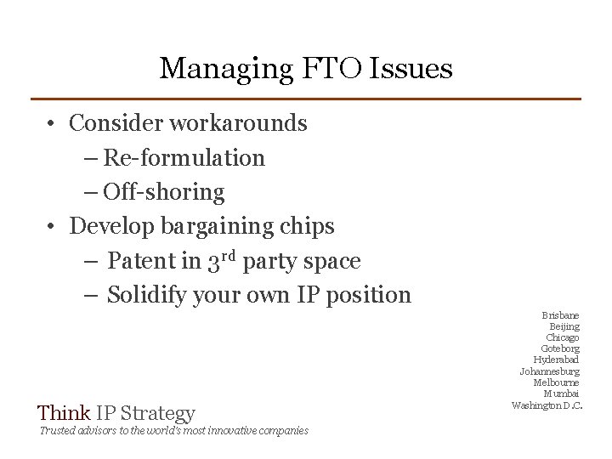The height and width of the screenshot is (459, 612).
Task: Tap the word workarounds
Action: (x=239, y=123)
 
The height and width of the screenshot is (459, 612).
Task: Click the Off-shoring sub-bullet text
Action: (x=164, y=192)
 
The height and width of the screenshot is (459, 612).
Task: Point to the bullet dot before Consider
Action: (x=53, y=124)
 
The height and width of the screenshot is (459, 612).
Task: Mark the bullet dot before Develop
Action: (x=53, y=227)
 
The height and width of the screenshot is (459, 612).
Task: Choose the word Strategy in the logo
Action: (x=158, y=414)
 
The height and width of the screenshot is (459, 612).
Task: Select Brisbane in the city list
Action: (x=560, y=316)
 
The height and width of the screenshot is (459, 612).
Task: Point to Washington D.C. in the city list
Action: (x=547, y=405)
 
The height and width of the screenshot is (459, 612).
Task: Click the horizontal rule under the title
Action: (x=306, y=99)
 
